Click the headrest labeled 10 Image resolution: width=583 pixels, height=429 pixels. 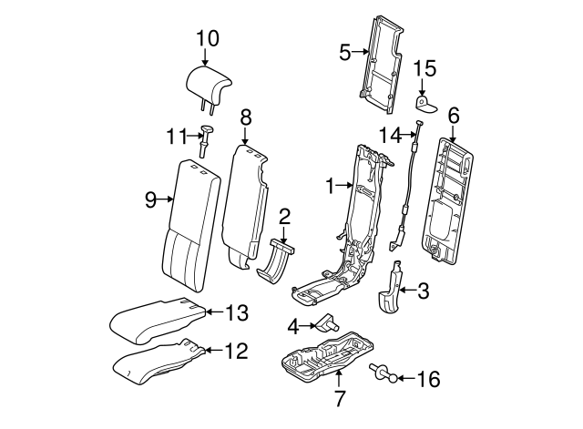click(x=208, y=82)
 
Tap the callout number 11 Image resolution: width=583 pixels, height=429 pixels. click(x=175, y=137)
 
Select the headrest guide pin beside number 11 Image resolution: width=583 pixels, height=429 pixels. click(x=205, y=141)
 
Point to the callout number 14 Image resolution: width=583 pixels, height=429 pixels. click(x=389, y=135)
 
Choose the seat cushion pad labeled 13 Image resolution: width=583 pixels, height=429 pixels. click(x=155, y=316)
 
